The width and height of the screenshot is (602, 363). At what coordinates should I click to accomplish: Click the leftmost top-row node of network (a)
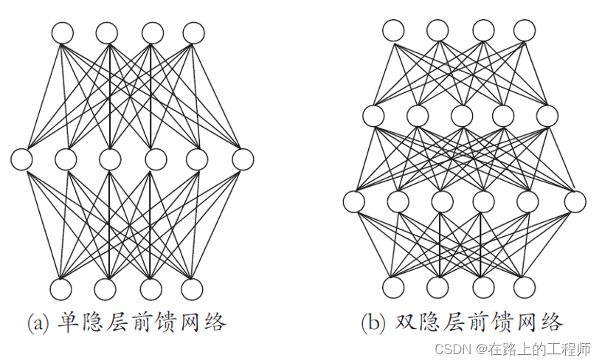click(x=63, y=33)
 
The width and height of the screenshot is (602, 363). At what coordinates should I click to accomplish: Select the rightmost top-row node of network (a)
click(x=193, y=33)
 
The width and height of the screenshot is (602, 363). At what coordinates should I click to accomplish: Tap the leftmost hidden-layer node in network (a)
click(x=22, y=159)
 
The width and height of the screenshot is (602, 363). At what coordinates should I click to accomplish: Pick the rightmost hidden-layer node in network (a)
click(x=243, y=159)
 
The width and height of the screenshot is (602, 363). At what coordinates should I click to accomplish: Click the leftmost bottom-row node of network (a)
click(x=63, y=289)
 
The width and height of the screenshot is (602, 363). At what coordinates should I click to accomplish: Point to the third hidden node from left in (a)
click(x=110, y=159)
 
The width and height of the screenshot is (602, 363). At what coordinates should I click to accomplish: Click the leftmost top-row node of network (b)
click(x=393, y=30)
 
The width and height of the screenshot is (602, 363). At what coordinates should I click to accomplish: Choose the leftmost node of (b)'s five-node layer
click(x=374, y=116)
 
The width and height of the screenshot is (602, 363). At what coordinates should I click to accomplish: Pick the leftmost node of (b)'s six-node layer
click(x=354, y=201)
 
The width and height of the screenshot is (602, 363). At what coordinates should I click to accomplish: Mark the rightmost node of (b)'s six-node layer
click(x=575, y=201)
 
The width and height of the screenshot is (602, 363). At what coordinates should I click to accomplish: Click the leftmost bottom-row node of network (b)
click(x=393, y=287)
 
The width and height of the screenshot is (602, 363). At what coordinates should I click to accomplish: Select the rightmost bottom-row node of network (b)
click(x=524, y=287)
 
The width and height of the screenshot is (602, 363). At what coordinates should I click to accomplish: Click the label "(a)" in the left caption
click(x=38, y=322)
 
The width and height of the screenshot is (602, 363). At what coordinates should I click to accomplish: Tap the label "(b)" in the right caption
click(x=373, y=322)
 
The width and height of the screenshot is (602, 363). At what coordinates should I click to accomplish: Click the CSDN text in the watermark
click(x=451, y=347)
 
